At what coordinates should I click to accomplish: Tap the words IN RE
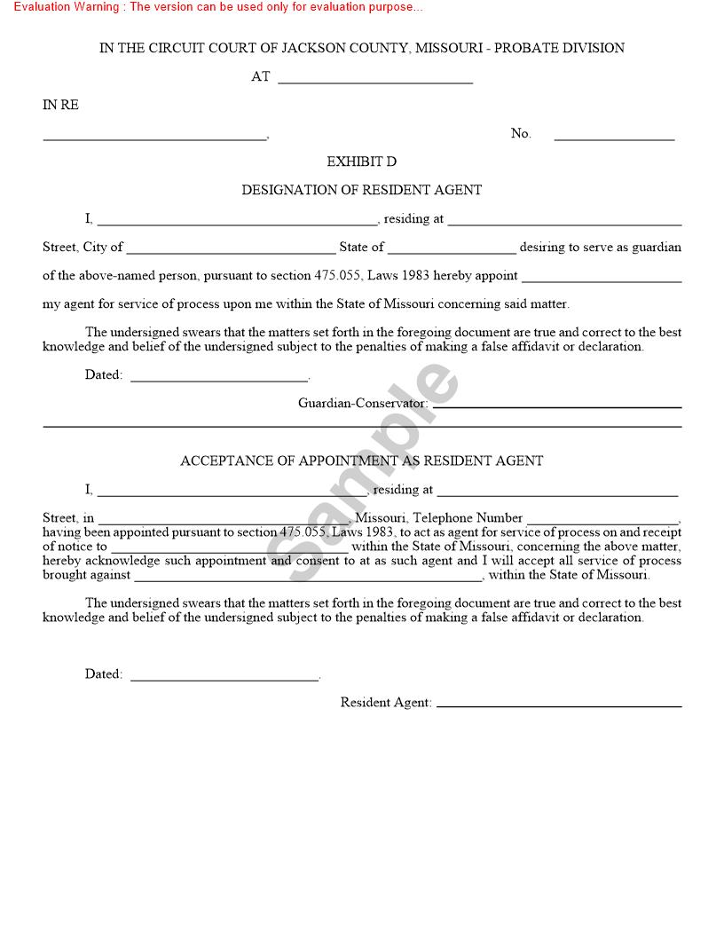tap(60, 105)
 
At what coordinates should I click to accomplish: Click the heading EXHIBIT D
tap(361, 161)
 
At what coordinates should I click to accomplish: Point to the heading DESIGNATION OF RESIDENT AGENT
tap(361, 190)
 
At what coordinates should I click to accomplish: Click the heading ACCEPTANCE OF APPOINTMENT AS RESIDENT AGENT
tap(361, 461)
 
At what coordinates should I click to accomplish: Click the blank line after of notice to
tap(229, 550)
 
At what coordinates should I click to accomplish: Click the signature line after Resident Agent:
tap(559, 705)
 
